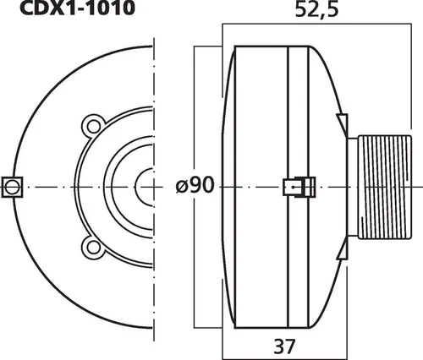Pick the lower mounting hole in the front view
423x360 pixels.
[91, 246]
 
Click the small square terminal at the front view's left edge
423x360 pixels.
[12, 186]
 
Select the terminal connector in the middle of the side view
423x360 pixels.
[297, 186]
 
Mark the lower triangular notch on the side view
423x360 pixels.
[341, 251]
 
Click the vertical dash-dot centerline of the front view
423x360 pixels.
[156, 85]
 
